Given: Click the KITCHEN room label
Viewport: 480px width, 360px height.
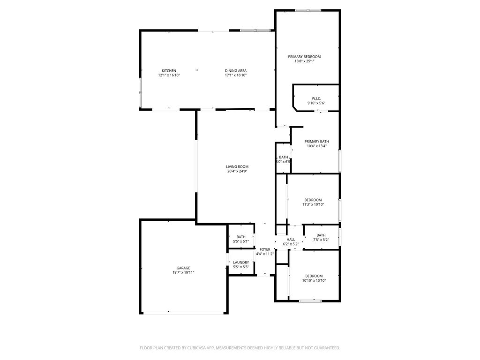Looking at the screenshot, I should (x=169, y=71).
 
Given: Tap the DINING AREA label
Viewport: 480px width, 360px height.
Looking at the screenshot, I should (x=235, y=71).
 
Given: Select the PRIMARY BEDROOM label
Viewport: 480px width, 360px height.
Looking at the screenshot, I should (x=304, y=57).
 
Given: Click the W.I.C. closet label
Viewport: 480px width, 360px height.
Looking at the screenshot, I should (x=316, y=98).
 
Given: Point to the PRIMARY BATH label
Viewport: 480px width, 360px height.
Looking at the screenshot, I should (x=316, y=142).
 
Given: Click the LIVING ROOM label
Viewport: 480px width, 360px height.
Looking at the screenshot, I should (x=237, y=166).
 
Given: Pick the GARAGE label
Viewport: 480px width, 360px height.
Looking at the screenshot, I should (x=183, y=268).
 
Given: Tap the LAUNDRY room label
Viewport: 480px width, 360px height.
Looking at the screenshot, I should (x=241, y=262).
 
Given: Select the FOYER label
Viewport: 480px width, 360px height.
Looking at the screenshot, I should (x=265, y=249).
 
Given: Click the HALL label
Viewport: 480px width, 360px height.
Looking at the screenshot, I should (x=291, y=240).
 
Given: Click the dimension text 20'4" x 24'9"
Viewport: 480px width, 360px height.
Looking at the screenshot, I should (x=237, y=171).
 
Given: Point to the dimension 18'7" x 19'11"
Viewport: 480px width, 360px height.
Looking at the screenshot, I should (x=183, y=272).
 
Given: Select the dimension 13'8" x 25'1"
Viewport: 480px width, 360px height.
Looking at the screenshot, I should (x=304, y=61).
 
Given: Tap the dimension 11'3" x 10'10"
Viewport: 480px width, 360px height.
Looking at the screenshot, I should (x=313, y=204).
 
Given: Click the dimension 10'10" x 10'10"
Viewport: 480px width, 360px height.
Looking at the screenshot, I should (x=314, y=280).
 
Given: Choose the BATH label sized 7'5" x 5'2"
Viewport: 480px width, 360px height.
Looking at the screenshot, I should (x=321, y=235).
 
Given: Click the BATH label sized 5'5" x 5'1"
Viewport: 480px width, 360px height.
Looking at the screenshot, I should (x=241, y=237).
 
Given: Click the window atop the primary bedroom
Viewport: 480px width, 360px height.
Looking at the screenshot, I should (x=308, y=10).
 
